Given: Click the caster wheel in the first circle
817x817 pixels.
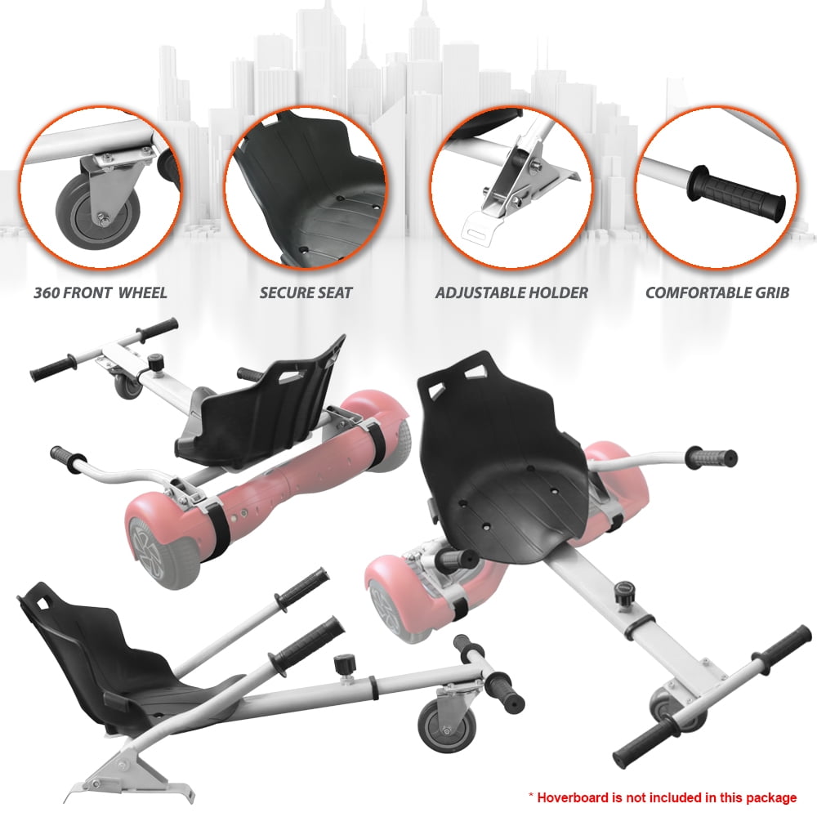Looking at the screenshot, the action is (x=97, y=205).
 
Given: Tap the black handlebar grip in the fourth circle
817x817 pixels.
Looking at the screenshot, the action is (x=736, y=193).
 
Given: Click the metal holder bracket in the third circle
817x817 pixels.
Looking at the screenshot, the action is (x=516, y=188).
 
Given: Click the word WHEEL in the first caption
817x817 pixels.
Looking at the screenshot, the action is (x=142, y=292).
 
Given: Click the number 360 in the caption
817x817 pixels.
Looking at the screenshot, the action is (x=46, y=292).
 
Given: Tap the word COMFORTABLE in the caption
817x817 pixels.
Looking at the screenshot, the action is (x=698, y=292).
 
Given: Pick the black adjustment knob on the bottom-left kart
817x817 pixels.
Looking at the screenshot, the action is (x=345, y=665).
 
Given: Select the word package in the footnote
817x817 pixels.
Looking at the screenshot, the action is (x=773, y=797).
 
